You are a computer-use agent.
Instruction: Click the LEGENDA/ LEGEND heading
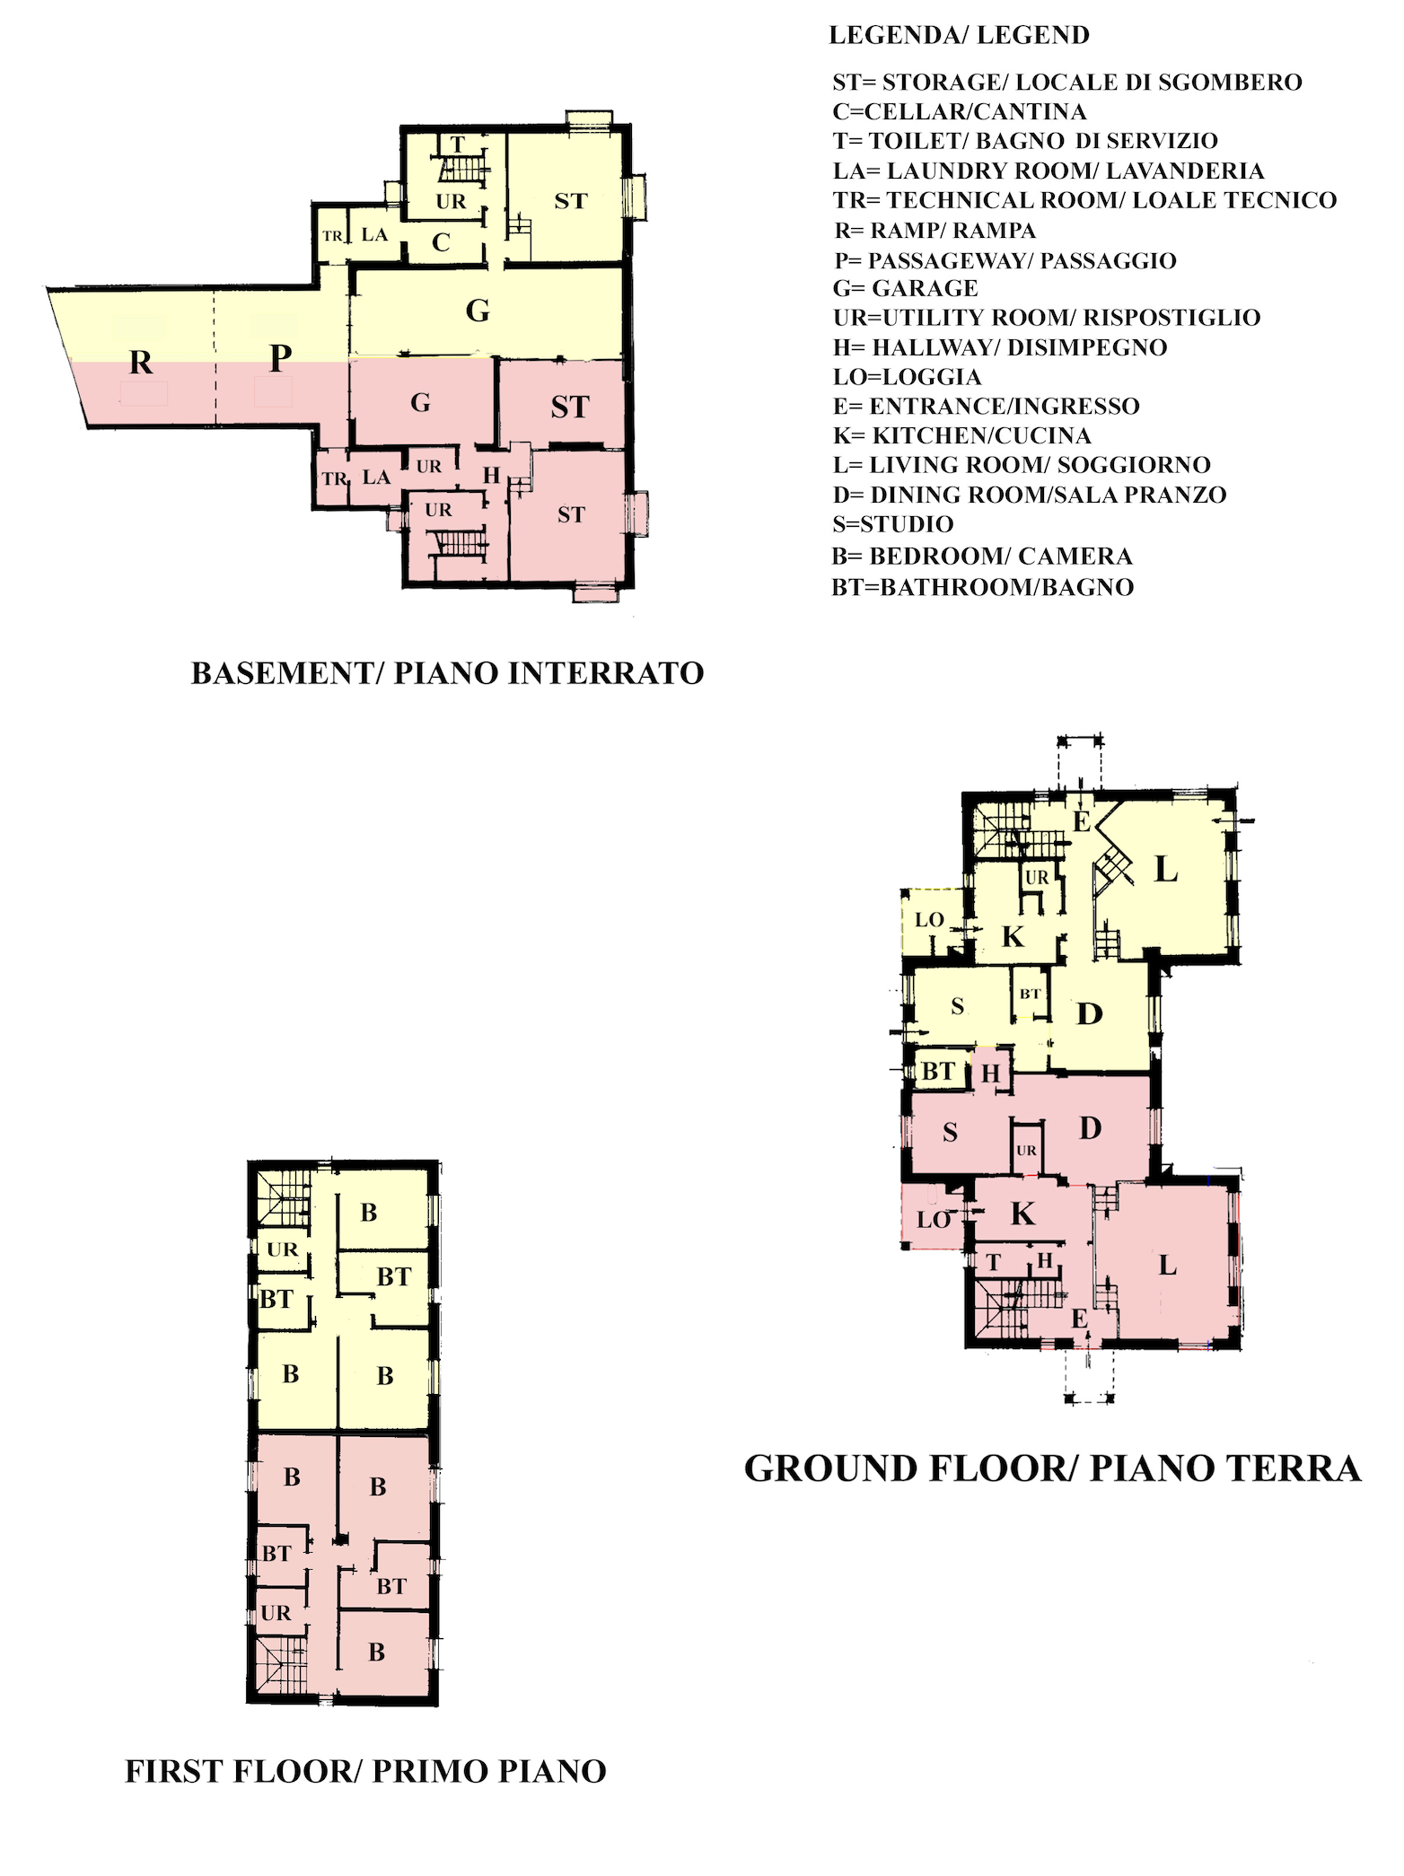959,35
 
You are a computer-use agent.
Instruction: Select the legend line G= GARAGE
905,288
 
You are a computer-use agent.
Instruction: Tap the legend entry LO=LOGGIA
907,377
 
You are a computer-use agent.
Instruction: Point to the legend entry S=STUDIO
892,524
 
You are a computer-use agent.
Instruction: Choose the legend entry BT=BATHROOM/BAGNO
983,587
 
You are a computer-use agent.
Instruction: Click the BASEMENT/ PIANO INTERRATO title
447,673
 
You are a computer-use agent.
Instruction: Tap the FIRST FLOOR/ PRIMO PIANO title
365,1771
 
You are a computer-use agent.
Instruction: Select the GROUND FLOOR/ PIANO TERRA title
1052,1468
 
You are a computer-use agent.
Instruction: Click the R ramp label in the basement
141,363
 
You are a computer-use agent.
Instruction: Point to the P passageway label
280,358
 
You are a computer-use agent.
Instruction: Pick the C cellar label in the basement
441,242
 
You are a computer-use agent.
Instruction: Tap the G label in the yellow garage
478,311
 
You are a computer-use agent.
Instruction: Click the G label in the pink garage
420,403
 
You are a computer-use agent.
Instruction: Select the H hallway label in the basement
491,476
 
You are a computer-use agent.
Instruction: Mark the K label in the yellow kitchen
1013,937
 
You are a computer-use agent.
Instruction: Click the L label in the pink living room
1167,1266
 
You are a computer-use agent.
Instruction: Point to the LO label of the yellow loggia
929,920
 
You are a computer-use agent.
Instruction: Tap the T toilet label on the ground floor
993,1262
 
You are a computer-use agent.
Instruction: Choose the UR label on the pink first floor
276,1613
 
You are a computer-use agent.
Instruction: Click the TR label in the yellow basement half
332,236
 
